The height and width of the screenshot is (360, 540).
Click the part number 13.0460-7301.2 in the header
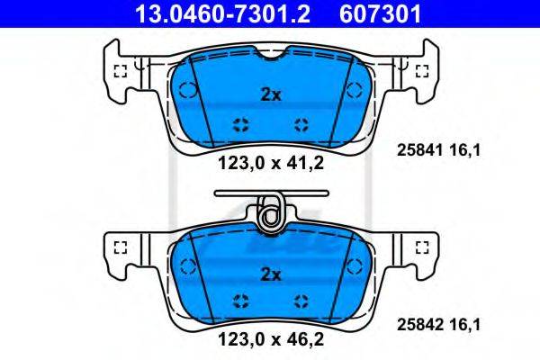(222, 13)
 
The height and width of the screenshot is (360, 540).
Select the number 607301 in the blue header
(380, 13)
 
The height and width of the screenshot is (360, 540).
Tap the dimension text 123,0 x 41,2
(271, 163)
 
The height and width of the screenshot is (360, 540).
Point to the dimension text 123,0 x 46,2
(271, 339)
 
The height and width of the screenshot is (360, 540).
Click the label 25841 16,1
(438, 150)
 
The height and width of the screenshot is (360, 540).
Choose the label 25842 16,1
(438, 325)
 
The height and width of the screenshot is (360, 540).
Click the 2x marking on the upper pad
(271, 94)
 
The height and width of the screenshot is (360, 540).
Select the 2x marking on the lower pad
(271, 274)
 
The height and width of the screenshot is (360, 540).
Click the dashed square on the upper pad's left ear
(121, 71)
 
